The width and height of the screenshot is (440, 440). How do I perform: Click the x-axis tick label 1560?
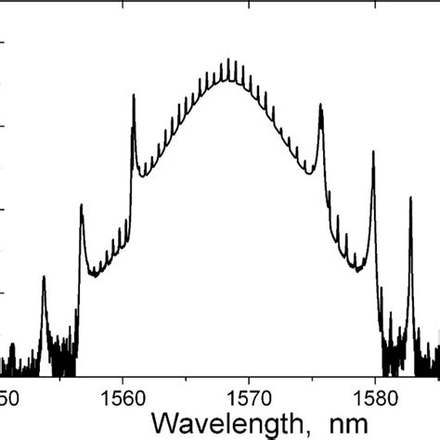(123, 396)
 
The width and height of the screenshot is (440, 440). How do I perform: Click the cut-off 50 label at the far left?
(7, 396)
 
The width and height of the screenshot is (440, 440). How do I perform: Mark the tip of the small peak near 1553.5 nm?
(44, 277)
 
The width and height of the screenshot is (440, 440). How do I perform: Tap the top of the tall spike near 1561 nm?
(133, 94)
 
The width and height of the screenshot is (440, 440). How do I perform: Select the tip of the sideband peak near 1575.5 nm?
(321, 105)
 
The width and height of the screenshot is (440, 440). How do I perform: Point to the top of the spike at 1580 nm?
(373, 151)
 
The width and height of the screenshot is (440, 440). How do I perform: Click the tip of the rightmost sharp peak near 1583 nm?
(411, 198)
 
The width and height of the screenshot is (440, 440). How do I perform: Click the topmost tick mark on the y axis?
(4, 43)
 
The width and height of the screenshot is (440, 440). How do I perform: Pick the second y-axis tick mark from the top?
(4, 126)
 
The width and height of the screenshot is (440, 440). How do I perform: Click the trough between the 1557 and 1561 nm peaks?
(94, 275)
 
